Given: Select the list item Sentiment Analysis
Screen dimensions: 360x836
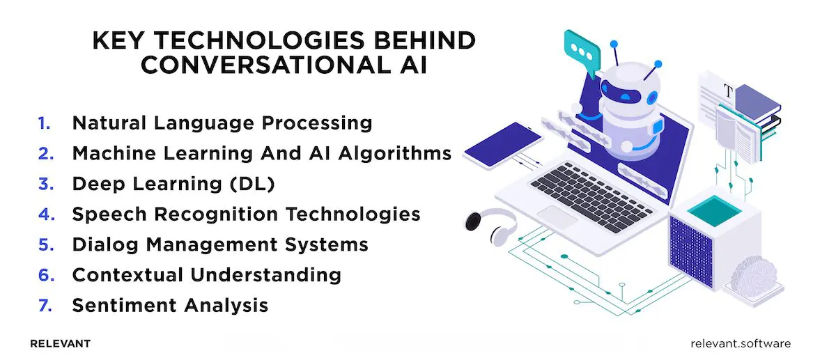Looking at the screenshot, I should [x=170, y=305].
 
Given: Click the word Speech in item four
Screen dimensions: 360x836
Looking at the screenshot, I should [x=105, y=214].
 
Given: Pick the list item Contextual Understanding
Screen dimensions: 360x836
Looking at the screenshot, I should [x=206, y=274].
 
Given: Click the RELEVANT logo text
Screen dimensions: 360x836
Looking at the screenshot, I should [x=61, y=344].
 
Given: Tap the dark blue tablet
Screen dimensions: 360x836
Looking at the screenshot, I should [x=502, y=143].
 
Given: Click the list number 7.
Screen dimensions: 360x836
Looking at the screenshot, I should [x=45, y=305].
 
